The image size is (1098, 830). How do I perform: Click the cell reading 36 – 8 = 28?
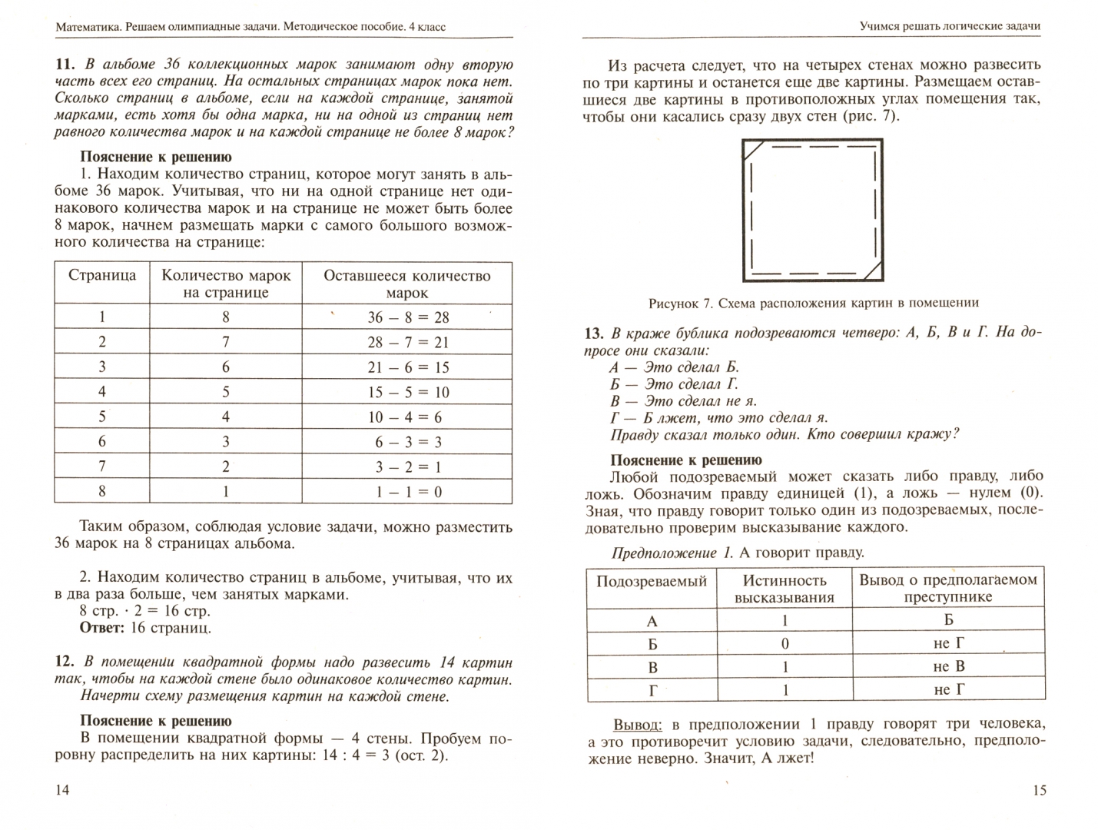(x=407, y=317)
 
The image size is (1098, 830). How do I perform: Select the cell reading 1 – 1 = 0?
(x=407, y=492)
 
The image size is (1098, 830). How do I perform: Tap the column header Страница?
(x=102, y=276)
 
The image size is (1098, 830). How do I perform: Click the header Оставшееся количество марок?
(x=407, y=284)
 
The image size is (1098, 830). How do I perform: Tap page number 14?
(x=62, y=790)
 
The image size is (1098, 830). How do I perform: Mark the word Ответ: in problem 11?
(x=101, y=628)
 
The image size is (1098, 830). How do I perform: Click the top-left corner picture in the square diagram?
(x=753, y=150)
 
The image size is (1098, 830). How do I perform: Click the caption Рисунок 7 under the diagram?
(x=814, y=303)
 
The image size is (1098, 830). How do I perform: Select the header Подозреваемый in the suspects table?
(x=652, y=581)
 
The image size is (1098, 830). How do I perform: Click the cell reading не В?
(x=948, y=666)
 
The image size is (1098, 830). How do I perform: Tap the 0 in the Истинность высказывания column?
(x=785, y=644)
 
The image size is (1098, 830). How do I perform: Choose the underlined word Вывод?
(x=637, y=724)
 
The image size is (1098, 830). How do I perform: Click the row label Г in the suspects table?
(x=652, y=690)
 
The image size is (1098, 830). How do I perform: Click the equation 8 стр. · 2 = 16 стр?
(x=144, y=611)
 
